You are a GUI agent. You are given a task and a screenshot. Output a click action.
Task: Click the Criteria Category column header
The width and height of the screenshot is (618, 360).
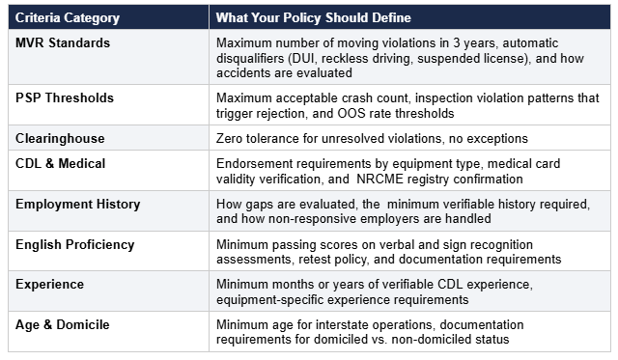tap(68, 17)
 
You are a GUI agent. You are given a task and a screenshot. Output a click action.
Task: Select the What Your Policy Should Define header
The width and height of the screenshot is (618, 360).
tap(313, 17)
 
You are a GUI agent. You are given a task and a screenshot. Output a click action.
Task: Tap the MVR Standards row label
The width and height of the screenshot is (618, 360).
tap(63, 42)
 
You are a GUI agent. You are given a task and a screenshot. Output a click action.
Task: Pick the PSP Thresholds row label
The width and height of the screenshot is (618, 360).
tap(65, 98)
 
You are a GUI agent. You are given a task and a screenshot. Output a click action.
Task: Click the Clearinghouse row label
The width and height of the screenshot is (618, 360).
tap(60, 139)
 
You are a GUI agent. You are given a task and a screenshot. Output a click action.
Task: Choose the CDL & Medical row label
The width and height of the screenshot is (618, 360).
tap(60, 163)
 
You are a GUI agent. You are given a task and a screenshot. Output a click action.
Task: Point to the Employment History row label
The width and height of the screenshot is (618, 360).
tap(77, 205)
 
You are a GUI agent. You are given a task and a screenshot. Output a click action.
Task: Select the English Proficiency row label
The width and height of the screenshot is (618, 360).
tap(75, 245)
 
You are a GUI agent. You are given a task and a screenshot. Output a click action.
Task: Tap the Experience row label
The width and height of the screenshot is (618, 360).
tap(49, 285)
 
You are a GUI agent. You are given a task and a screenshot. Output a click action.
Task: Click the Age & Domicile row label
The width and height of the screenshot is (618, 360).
tap(62, 325)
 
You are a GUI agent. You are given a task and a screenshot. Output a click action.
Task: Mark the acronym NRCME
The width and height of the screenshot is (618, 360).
tap(379, 180)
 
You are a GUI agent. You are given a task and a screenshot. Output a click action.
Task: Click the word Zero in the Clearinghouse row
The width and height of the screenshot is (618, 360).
tap(229, 139)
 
